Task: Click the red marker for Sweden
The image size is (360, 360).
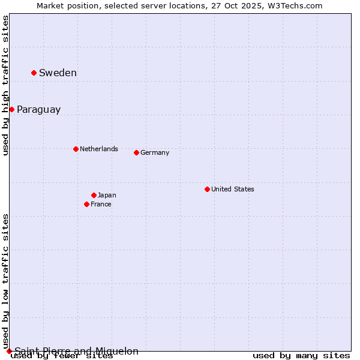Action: (x=34, y=73)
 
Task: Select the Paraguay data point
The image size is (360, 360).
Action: (x=11, y=109)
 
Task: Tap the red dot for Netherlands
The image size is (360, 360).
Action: (x=76, y=149)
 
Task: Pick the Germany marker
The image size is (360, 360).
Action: (x=136, y=152)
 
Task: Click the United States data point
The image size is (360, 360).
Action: (x=207, y=189)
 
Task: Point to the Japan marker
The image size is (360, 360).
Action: (x=94, y=195)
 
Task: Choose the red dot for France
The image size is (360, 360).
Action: (x=86, y=204)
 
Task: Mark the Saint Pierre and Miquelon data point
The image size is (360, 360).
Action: (x=9, y=351)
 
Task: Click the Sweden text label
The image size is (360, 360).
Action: (x=58, y=73)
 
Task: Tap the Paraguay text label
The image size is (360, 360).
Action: (x=38, y=109)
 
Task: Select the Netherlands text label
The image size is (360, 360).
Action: (x=99, y=149)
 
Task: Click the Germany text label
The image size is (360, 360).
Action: (x=155, y=152)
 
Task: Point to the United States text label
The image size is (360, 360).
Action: (x=233, y=189)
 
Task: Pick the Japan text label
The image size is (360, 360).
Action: (x=107, y=195)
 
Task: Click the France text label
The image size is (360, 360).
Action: (x=101, y=204)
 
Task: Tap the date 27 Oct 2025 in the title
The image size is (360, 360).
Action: (x=240, y=5)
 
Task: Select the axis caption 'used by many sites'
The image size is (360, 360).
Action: (x=301, y=355)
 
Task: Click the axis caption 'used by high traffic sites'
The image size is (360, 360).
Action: (x=5, y=85)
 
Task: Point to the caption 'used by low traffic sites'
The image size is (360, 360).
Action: (x=5, y=281)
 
